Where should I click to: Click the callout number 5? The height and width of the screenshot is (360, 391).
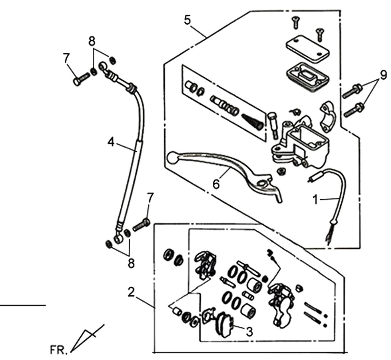[x=188, y=20]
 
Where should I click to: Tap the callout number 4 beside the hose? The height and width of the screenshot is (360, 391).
[x=111, y=142]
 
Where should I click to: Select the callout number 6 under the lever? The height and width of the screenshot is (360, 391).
[x=216, y=184]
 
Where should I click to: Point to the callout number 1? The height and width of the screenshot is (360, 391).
[x=315, y=200]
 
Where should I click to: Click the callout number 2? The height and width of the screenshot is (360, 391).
[x=131, y=292]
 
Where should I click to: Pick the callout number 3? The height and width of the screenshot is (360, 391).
[x=249, y=332]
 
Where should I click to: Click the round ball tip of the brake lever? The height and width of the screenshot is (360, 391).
[x=172, y=158]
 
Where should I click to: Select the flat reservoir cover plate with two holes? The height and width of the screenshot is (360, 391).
[x=307, y=49]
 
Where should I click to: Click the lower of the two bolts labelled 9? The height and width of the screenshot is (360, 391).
[x=354, y=110]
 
